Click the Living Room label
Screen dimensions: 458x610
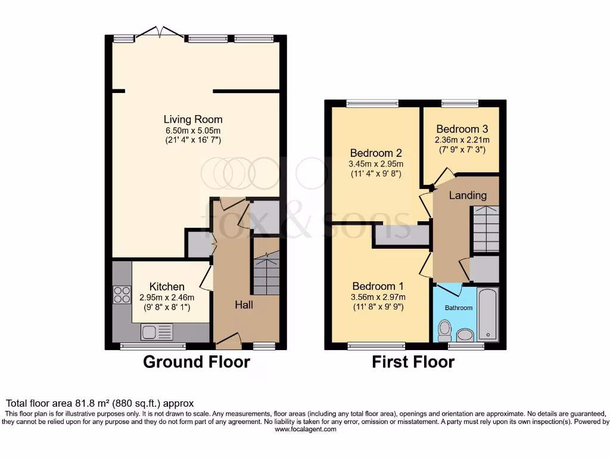point(192,119)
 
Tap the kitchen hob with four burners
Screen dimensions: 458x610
point(122,295)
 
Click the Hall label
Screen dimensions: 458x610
point(244,305)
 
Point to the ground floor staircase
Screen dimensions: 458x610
point(266,273)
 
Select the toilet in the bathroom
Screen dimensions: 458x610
point(444,330)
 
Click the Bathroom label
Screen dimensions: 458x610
point(459,308)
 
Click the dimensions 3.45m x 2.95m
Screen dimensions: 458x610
point(376,164)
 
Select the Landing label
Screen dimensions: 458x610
point(468,195)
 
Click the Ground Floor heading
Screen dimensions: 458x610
point(197,361)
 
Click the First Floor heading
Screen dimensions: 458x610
point(413,361)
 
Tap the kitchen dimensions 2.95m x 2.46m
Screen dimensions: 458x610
point(167,298)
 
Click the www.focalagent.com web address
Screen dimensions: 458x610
point(304,429)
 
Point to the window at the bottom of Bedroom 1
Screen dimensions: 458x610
point(376,345)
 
